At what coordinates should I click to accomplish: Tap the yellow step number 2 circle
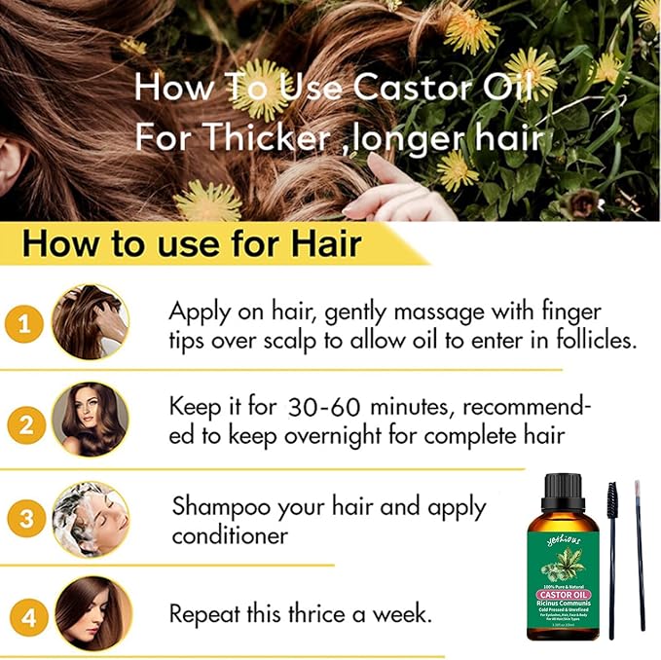click(x=25, y=425)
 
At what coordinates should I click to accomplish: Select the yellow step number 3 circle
click(x=26, y=520)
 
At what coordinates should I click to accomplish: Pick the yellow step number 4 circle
click(x=27, y=617)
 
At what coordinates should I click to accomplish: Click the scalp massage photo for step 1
click(x=90, y=322)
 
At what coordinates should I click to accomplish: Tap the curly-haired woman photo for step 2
click(x=90, y=421)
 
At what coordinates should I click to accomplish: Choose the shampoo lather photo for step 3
click(x=91, y=520)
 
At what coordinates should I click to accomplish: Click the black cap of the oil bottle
click(x=563, y=489)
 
